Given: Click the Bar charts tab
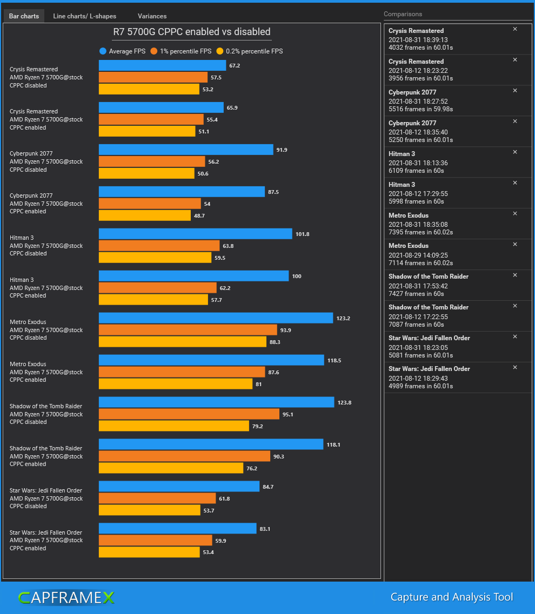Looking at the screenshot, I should (24, 16).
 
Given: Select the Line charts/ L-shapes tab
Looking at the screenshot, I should (84, 16).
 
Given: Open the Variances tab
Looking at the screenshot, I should (152, 16).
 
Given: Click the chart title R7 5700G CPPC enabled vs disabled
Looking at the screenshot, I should (191, 32).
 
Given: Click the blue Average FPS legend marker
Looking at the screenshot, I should (103, 51).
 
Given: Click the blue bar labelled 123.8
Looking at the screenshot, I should (216, 402).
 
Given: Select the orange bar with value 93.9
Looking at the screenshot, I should (188, 330).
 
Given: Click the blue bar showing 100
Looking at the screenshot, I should (193, 276).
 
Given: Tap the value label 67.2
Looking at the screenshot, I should (235, 65).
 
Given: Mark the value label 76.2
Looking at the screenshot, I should (252, 468).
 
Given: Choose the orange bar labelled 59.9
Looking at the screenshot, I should (155, 541).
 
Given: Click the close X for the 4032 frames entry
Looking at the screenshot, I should (515, 29).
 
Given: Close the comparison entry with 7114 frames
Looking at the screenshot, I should (515, 245).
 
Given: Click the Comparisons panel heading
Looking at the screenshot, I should (403, 14).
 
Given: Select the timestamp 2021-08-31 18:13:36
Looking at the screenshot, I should (418, 163).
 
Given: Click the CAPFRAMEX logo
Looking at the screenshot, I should (66, 597).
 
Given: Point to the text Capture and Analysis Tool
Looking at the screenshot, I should (451, 597).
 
